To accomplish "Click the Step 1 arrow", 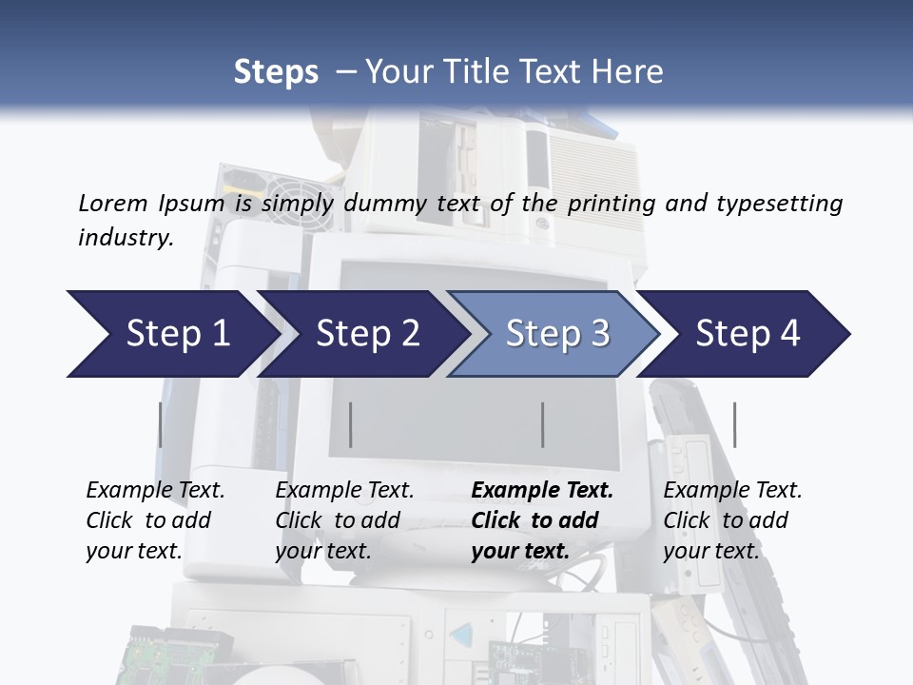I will tap(171, 334).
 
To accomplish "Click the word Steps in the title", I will tap(276, 71).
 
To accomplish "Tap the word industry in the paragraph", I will tap(124, 237).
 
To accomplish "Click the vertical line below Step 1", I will tap(160, 424).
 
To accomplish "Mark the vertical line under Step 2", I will tap(351, 424).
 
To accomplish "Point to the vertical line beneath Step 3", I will tap(542, 424).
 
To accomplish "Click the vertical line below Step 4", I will tap(734, 424).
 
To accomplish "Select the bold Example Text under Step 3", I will tap(542, 491).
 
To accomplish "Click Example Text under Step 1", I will tap(155, 491).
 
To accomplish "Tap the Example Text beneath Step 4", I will tap(732, 491).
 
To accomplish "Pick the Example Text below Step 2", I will tap(344, 491).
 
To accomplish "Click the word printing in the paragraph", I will tap(609, 203).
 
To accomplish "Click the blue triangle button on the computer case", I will tap(460, 636).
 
